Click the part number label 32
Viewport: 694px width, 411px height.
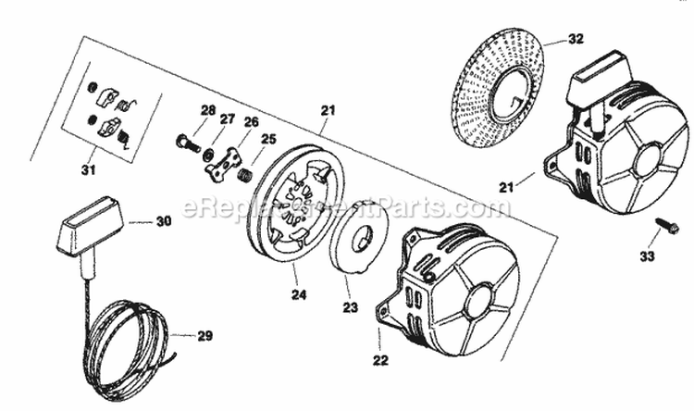click(576, 40)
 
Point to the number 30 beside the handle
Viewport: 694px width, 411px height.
click(163, 222)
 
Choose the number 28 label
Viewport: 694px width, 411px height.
click(207, 110)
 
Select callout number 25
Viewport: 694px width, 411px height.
click(268, 140)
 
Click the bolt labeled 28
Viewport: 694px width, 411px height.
click(187, 143)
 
